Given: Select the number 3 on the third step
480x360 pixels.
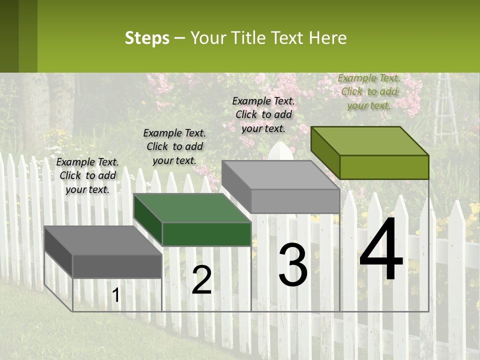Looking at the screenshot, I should point(293,265).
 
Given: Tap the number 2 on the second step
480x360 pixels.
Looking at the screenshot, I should point(201,280).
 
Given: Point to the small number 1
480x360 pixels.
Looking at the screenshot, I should point(115,295).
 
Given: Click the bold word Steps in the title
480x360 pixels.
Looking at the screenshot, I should point(147,38).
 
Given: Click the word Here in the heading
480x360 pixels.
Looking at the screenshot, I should point(328,38).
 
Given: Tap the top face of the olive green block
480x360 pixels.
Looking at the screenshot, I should point(369,141).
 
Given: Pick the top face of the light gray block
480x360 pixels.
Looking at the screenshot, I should point(280,175).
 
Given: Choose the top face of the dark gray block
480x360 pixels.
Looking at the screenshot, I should point(102,240).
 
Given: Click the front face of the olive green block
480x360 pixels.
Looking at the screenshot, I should point(384,167).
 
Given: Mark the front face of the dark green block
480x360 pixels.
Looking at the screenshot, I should point(206,234).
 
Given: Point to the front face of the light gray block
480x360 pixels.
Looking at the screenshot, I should point(295,201).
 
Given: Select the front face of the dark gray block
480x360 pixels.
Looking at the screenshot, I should point(117,266).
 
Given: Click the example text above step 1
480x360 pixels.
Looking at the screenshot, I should point(87,175).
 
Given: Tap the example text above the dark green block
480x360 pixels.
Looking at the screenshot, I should point(174,146).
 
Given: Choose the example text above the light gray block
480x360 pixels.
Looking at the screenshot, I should point(263,114).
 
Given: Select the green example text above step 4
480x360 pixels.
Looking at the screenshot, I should point(369,91).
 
